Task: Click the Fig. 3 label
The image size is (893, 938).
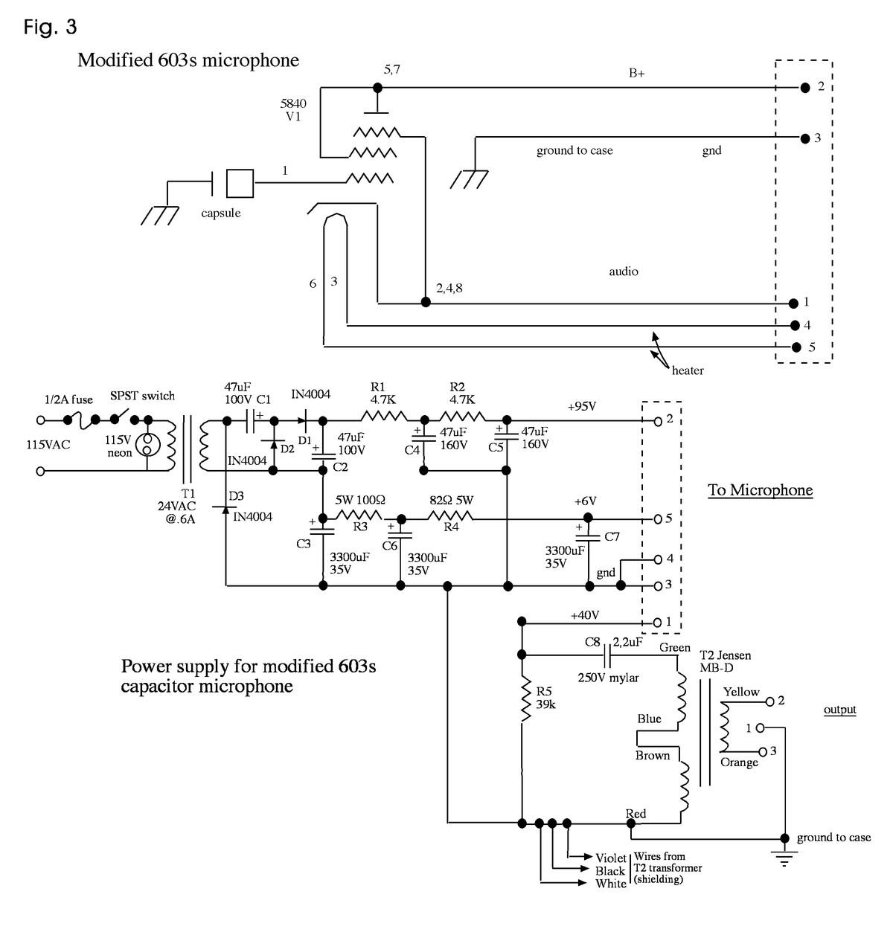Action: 50,28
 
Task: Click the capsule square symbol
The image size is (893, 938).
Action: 239,183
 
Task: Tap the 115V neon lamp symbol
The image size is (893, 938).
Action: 147,444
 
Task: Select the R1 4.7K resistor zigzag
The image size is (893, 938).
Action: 384,418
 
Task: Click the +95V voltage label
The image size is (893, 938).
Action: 582,407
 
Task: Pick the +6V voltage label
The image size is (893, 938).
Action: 585,502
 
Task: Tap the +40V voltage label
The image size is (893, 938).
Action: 585,615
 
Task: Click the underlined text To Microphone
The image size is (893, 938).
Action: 760,490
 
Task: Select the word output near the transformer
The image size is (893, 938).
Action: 839,710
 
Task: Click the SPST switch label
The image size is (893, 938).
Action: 142,395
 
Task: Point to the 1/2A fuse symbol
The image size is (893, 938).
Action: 82,420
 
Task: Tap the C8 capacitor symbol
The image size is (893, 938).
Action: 609,655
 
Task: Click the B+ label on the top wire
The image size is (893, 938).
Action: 636,74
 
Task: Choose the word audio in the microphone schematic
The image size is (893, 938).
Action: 624,272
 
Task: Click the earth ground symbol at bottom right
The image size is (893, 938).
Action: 784,859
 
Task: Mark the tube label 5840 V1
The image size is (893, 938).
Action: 293,110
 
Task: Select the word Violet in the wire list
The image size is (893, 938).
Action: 611,858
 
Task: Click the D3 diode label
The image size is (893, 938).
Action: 236,496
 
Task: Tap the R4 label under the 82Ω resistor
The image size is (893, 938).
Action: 451,527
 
